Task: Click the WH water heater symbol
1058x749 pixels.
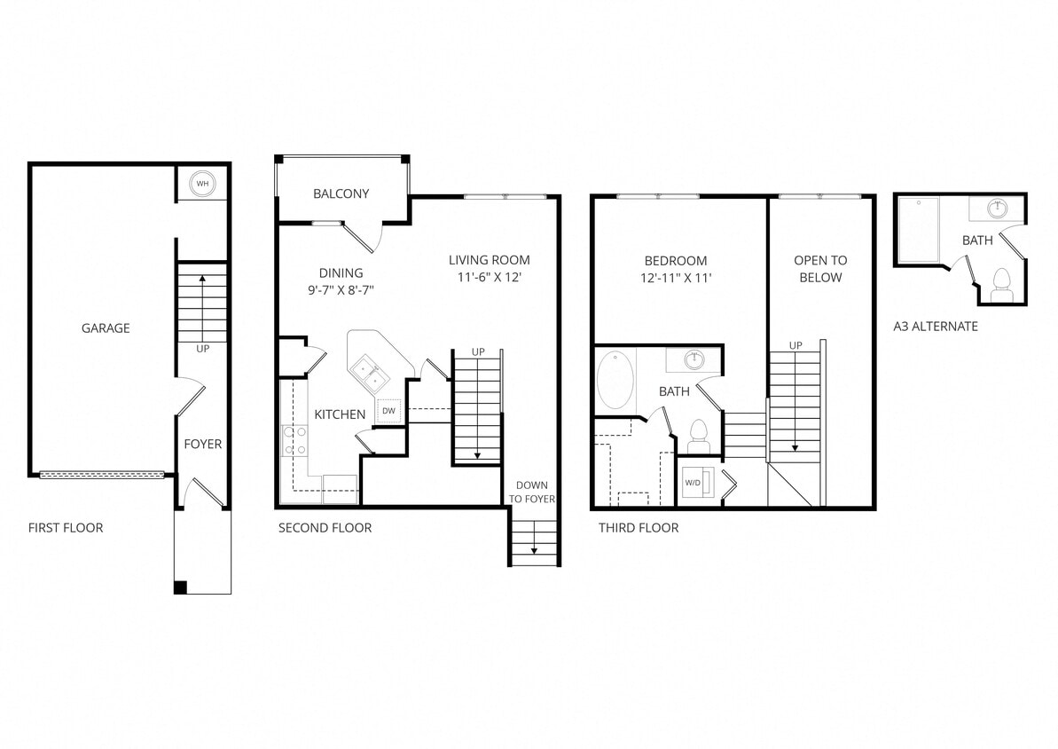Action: (x=203, y=184)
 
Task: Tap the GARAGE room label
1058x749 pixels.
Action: (x=106, y=328)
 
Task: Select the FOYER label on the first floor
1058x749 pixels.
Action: (x=203, y=444)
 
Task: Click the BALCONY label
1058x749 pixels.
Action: (x=341, y=193)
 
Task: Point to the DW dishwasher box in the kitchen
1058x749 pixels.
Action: (x=388, y=411)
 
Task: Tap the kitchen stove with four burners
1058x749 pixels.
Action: (x=294, y=441)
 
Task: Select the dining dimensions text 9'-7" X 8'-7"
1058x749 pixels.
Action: (x=341, y=289)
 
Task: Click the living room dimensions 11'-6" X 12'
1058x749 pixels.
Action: (x=490, y=276)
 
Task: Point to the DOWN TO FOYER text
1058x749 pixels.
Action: (x=532, y=493)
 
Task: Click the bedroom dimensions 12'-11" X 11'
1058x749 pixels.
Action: (x=676, y=277)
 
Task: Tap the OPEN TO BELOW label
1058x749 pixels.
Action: (x=820, y=269)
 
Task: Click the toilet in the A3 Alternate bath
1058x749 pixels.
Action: (x=1002, y=284)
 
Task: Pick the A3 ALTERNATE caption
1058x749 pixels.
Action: (x=936, y=327)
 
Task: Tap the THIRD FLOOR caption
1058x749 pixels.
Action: (x=639, y=528)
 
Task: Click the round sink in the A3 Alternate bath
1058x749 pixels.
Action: (x=999, y=209)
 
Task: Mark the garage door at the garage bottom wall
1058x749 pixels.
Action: (x=102, y=475)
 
